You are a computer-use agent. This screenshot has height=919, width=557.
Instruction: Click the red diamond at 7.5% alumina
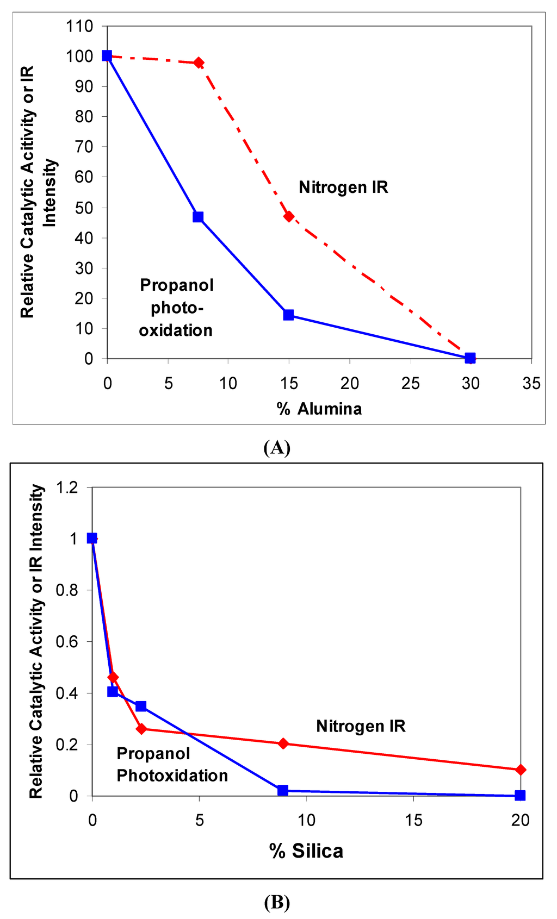pos(199,62)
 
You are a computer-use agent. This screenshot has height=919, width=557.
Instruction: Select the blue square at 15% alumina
pos(288,315)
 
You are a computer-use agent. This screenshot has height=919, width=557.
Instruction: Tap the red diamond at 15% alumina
pos(289,216)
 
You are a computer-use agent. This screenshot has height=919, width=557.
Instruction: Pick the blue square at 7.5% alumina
pos(198,217)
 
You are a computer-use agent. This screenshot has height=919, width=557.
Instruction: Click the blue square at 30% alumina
pos(470,358)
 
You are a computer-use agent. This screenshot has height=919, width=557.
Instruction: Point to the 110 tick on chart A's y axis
pos(79,26)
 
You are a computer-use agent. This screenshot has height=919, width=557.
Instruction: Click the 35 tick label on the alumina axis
pos(531,384)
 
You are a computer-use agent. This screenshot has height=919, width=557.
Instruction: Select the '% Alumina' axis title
pos(319,409)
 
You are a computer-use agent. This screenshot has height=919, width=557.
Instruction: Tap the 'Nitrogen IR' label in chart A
pos(343,187)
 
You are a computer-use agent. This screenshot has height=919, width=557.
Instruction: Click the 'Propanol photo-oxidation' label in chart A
pos(176,308)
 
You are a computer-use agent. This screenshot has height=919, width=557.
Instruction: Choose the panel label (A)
pos(276,448)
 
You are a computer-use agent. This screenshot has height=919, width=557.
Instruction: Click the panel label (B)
pos(276,903)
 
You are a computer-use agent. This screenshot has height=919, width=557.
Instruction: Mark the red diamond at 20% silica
pos(520,770)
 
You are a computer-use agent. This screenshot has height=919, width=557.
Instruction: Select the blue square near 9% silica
pos(282,790)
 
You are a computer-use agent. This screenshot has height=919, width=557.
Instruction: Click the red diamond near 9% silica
pos(283,743)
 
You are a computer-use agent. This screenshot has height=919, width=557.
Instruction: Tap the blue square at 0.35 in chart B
pos(141,706)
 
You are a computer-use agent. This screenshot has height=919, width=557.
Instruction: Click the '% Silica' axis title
pos(306,851)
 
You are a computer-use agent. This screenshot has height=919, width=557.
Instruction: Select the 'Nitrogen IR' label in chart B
pos(361,726)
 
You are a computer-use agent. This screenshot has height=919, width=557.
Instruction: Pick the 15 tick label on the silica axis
pos(413,820)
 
